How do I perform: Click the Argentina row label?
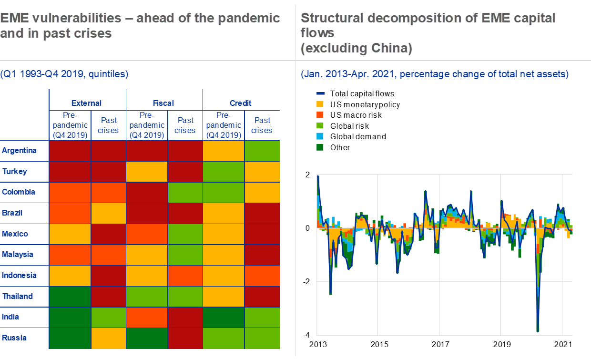pos(19,151)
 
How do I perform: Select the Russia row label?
pos(14,338)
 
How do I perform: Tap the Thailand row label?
pos(17,296)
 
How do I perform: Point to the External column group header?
pos(86,103)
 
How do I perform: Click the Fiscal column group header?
pos(163,103)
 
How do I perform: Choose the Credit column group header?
pos(241,103)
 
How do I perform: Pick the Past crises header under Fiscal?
pos(185,125)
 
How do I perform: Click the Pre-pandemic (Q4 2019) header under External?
pos(70,125)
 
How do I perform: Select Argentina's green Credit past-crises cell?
pos(262,151)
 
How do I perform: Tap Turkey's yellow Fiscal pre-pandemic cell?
pos(147,172)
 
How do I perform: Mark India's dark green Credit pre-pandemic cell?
pos(224,317)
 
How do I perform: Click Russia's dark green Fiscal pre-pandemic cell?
pos(147,338)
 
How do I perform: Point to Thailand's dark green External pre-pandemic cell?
pos(70,296)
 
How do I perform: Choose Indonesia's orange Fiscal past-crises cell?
pos(185,276)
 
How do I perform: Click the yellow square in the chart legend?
pos(320,104)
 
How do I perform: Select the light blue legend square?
pos(320,136)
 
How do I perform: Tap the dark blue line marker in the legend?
pos(320,94)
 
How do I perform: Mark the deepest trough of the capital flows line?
pos(538,330)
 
